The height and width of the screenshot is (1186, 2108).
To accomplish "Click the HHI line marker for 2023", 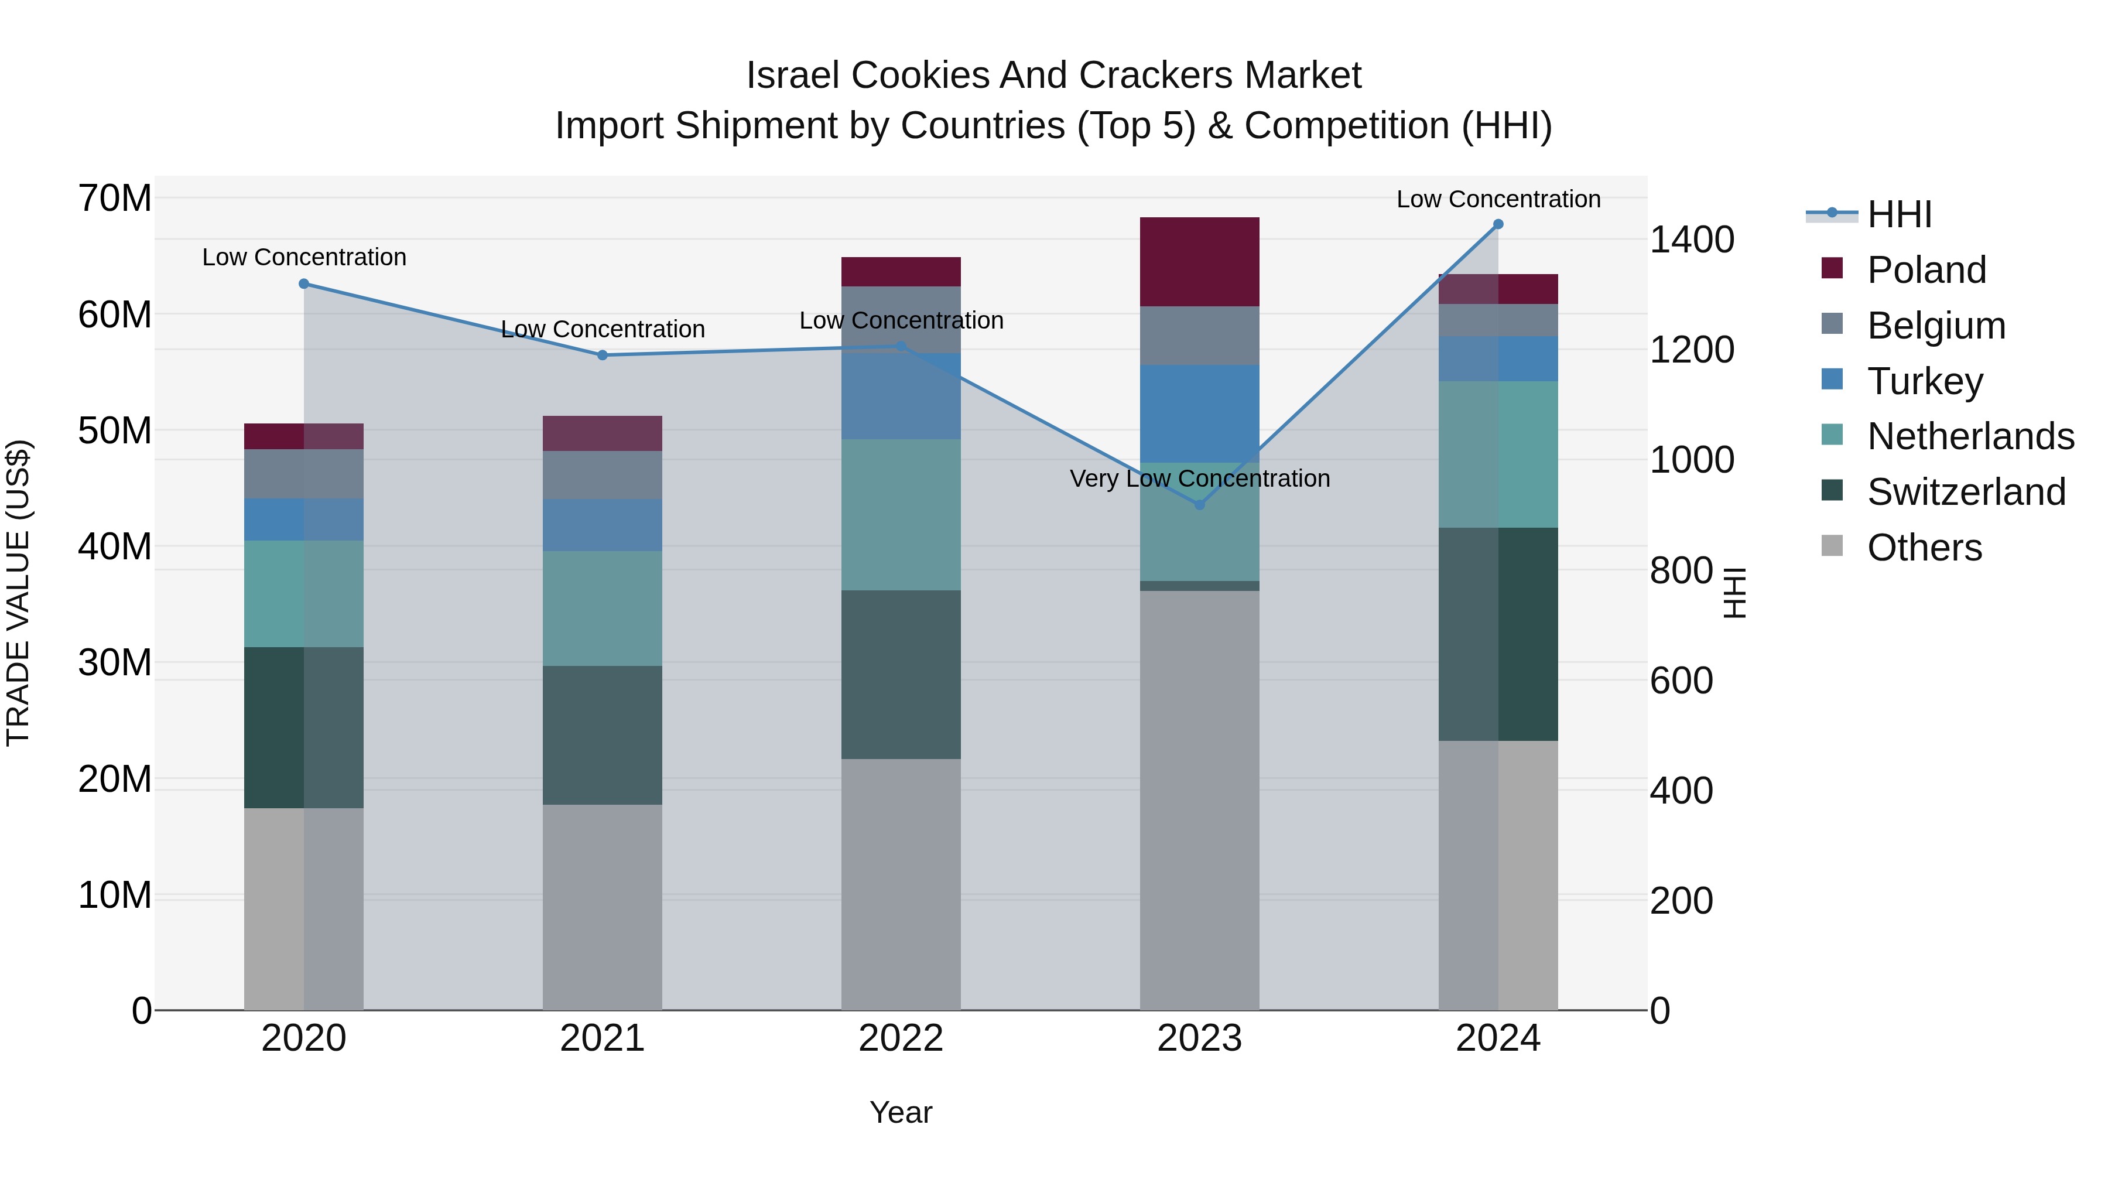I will click(1200, 505).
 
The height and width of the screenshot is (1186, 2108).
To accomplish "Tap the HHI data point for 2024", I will click(1498, 224).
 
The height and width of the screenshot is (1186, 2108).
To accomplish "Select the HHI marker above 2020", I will click(303, 284).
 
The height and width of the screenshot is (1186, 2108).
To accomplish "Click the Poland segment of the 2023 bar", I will click(1200, 262).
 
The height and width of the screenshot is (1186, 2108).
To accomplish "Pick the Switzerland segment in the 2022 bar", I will click(901, 675).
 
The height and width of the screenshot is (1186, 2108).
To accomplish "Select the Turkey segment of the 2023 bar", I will click(1200, 413).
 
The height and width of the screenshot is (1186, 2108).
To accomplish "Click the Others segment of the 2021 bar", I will click(603, 907).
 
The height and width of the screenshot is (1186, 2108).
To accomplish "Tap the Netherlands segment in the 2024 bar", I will click(1498, 454).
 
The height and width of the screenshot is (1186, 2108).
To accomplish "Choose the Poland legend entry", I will click(1926, 270).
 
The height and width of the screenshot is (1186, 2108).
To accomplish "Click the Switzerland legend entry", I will click(1966, 492).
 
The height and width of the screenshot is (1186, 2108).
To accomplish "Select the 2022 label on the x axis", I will click(901, 1038).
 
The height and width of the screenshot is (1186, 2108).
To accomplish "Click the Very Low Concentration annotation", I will click(1200, 479).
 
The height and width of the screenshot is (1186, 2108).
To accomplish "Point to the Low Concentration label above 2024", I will click(1498, 200).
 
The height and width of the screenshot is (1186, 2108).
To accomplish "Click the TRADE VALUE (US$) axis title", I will click(18, 593).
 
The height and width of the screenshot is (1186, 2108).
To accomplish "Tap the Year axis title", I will click(901, 1112).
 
